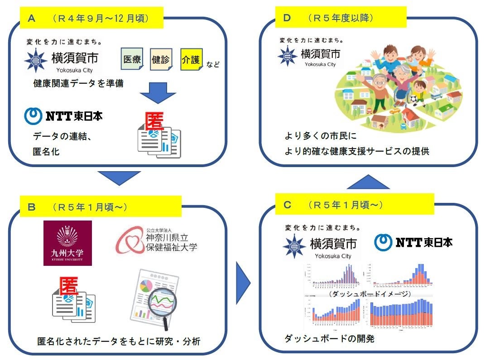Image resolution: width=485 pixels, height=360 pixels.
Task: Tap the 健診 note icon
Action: coord(161,60)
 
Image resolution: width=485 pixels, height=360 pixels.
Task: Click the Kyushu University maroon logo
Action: coord(67,243)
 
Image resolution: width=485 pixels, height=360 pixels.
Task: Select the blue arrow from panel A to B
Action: coord(120,177)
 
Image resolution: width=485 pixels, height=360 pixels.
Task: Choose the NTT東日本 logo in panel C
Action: coord(413,242)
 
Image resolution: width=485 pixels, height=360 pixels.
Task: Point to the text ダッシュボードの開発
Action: coord(329,338)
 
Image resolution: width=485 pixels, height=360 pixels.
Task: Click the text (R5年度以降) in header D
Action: coord(340,18)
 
